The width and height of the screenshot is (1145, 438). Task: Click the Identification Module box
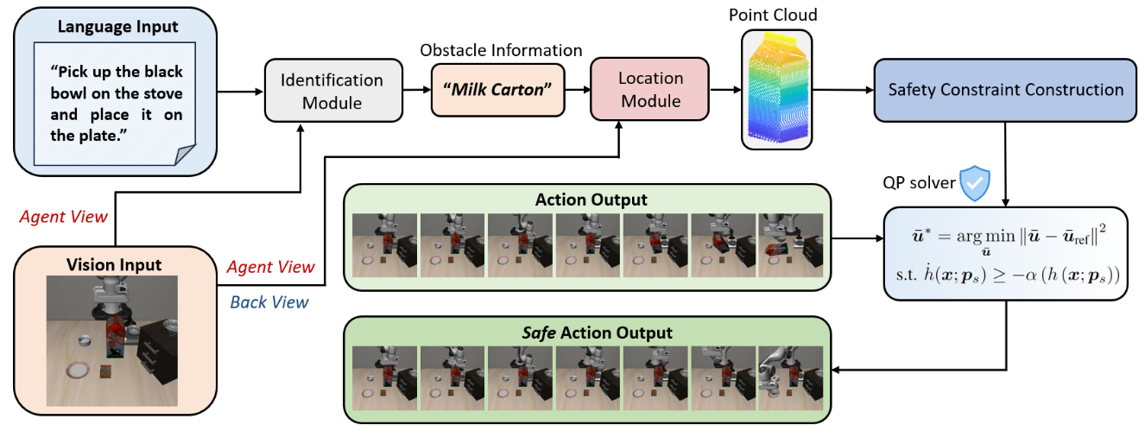(332, 91)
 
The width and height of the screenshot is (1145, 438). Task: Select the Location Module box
(649, 89)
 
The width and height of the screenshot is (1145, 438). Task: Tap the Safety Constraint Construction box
(1006, 90)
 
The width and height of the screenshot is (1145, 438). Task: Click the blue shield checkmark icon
(976, 182)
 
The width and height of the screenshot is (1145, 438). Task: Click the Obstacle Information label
(501, 50)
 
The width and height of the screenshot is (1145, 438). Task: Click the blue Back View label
(268, 302)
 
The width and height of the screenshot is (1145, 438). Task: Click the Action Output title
(591, 200)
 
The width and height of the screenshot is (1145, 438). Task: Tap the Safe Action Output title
(591, 332)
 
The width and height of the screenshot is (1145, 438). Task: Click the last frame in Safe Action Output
(790, 371)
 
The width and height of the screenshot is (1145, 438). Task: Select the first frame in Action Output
(385, 238)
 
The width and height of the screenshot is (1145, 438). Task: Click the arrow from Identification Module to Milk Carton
(416, 90)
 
